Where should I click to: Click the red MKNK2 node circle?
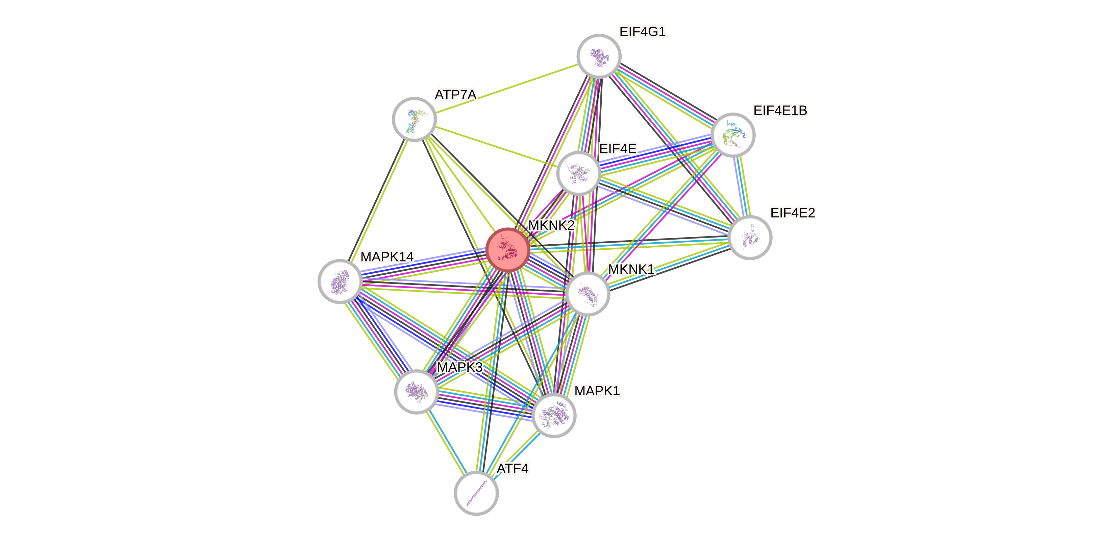coord(508,250)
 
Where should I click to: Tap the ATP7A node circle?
coord(414,119)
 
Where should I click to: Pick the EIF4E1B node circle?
coord(733,135)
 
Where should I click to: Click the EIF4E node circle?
coord(578,173)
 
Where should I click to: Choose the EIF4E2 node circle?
coord(750,238)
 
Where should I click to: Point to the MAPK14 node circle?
coord(340,281)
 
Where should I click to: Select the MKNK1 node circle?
coord(588,293)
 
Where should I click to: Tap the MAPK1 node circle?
coord(554,415)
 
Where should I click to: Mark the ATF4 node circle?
coord(476,493)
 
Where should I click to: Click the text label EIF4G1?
coord(642,31)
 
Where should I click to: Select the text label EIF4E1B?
coord(780,110)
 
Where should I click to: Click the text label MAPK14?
coord(386,257)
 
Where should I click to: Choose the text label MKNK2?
coord(551,225)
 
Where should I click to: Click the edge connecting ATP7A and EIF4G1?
coord(506,88)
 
